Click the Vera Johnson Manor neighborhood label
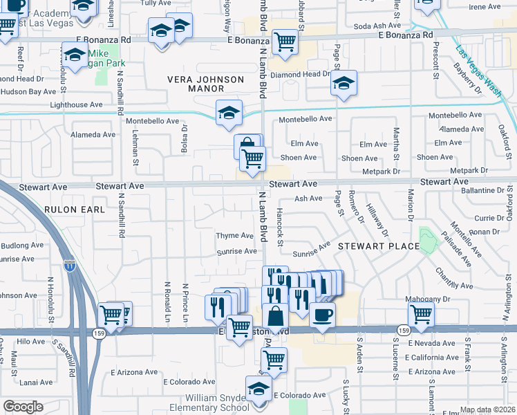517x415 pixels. [x=206, y=84]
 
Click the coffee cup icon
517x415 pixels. [x=321, y=315]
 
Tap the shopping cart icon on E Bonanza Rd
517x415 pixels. [x=285, y=41]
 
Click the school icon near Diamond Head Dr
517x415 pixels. [x=343, y=83]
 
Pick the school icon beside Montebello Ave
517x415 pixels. [x=229, y=113]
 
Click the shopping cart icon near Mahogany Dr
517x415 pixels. [x=420, y=314]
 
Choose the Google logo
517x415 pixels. [x=23, y=407]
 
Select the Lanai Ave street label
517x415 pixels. [x=36, y=382]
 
